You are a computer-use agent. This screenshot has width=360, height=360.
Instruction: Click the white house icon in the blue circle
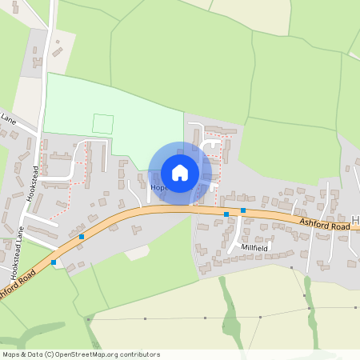pyautogui.click(x=180, y=172)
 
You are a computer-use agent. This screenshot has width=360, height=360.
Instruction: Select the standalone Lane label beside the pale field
pyautogui.click(x=8, y=119)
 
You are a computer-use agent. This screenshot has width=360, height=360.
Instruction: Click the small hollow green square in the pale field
pyautogui.click(x=103, y=124)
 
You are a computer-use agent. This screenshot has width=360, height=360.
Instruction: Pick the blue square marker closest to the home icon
pyautogui.click(x=226, y=214)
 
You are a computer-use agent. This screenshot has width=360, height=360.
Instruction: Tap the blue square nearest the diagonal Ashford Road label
pyautogui.click(x=54, y=262)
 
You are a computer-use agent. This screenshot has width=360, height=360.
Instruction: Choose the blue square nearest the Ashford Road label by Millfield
pyautogui.click(x=242, y=210)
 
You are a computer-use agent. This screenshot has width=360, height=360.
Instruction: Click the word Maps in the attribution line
pyautogui.click(x=12, y=354)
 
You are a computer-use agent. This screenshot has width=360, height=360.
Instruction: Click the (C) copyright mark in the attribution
pyautogui.click(x=50, y=354)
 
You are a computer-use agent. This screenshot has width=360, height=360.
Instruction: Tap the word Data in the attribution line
pyautogui.click(x=36, y=354)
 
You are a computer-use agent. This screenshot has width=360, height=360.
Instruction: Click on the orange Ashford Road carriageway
pyautogui.click(x=160, y=210)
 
